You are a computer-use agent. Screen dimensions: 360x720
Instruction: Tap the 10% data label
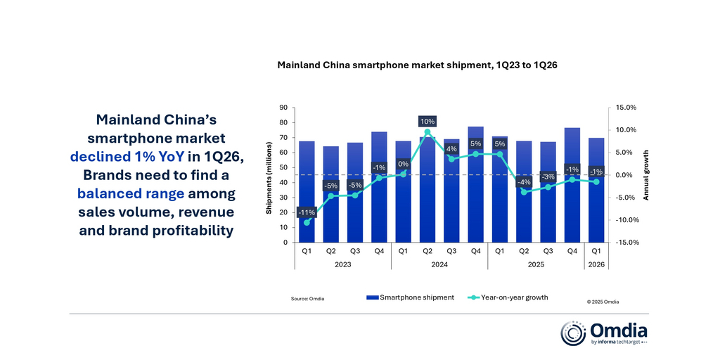click(427, 121)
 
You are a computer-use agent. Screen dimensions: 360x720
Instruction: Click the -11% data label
click(307, 212)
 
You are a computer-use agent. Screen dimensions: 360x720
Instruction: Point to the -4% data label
click(524, 183)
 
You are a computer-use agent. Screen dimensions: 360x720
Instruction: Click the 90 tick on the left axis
click(283, 108)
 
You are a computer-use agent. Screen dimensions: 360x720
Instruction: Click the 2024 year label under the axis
click(439, 264)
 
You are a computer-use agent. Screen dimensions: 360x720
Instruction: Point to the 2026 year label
click(596, 264)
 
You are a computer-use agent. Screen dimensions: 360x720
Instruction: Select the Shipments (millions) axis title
click(269, 175)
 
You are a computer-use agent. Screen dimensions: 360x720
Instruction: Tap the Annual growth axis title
click(646, 175)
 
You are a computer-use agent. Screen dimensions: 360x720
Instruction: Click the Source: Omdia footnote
click(307, 299)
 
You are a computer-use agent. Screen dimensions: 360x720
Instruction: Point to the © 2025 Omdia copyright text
click(603, 301)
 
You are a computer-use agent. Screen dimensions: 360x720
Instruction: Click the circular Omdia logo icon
click(573, 333)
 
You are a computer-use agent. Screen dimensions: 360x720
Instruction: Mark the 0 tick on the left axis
click(285, 243)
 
